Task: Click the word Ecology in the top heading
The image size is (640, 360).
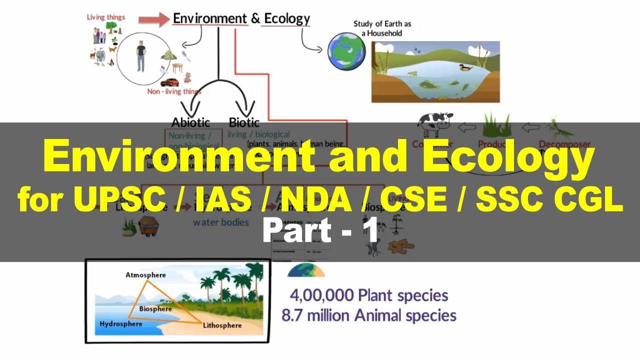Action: [286, 19]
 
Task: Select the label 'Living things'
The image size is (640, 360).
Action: [106, 17]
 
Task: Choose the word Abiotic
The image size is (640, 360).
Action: [190, 122]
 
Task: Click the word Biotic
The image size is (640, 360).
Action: [244, 122]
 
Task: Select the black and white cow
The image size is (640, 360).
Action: [435, 123]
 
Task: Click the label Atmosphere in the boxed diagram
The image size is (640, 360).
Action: [145, 275]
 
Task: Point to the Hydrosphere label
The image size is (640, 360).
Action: [120, 324]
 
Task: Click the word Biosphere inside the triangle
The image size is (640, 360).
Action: [155, 309]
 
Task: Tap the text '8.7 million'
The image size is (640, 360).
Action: [311, 315]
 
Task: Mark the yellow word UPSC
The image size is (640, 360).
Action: [120, 200]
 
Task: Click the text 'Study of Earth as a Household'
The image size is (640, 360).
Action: [382, 28]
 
